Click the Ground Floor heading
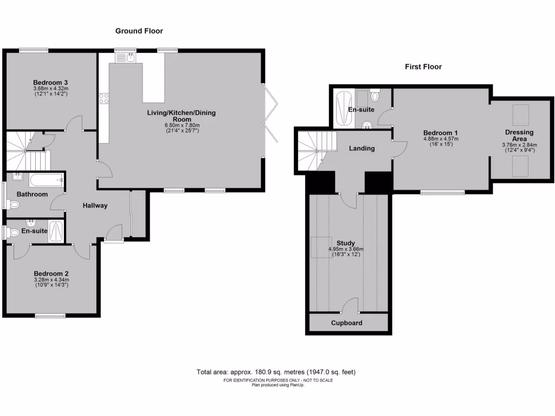[x=139, y=31]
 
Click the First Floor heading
[x=423, y=67]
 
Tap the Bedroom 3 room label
[x=50, y=82]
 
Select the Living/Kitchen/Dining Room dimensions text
[x=179, y=128]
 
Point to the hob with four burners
[x=103, y=98]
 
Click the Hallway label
[x=95, y=205]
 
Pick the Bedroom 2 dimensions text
[x=51, y=282]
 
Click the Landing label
[x=362, y=148]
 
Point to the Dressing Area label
[x=519, y=135]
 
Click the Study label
[x=345, y=243]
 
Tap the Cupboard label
[x=347, y=323]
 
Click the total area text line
[x=276, y=372]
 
